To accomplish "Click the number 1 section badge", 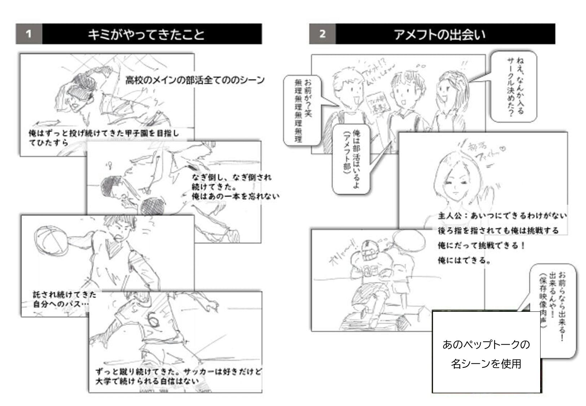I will (29, 34).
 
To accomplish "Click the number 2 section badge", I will (322, 34).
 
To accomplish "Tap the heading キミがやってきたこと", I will (146, 34).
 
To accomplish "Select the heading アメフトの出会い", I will (439, 34).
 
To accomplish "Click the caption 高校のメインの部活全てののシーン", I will (195, 80).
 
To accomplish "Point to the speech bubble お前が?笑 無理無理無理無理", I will (302, 110).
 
